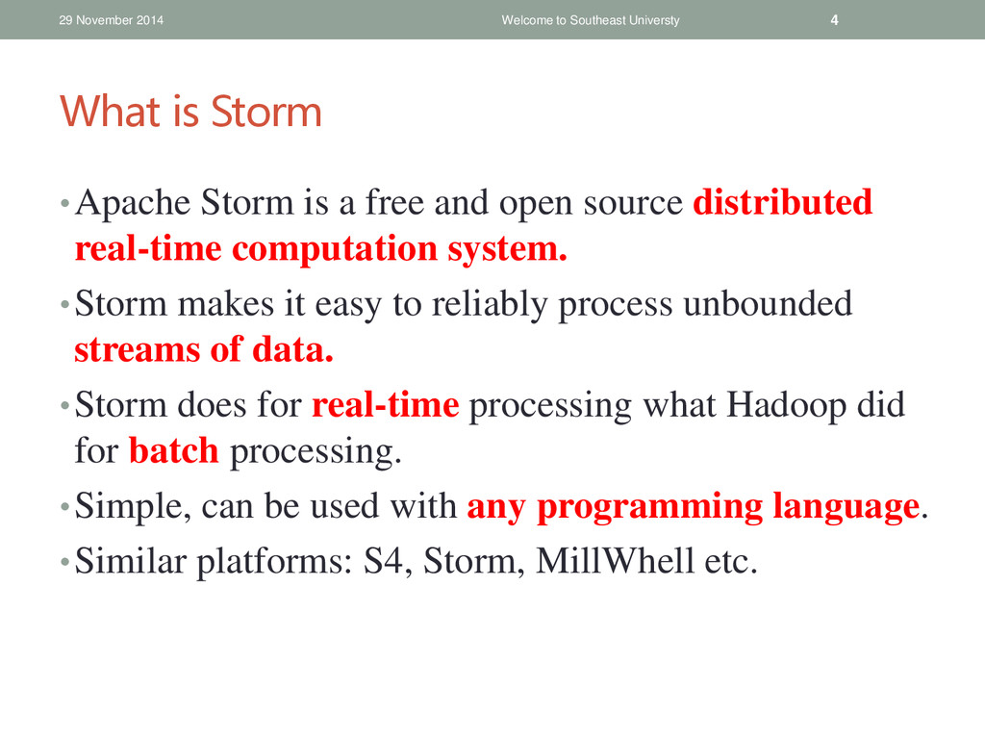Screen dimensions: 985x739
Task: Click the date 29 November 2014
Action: (x=112, y=20)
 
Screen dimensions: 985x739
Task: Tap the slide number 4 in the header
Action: (x=834, y=20)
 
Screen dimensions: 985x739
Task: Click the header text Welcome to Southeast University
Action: (x=591, y=20)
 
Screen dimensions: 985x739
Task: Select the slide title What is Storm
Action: (x=191, y=112)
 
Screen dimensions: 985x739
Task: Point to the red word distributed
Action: (x=783, y=202)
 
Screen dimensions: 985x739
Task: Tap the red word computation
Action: (x=335, y=249)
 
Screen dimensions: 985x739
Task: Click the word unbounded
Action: (x=768, y=303)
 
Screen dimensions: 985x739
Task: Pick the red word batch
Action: (x=173, y=450)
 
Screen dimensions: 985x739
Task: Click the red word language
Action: (x=846, y=507)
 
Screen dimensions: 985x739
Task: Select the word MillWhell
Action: (x=615, y=561)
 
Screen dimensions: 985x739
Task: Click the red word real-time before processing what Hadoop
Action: (x=385, y=405)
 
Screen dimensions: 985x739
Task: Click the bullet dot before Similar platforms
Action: (x=64, y=561)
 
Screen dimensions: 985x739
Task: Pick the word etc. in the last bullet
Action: (x=731, y=562)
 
